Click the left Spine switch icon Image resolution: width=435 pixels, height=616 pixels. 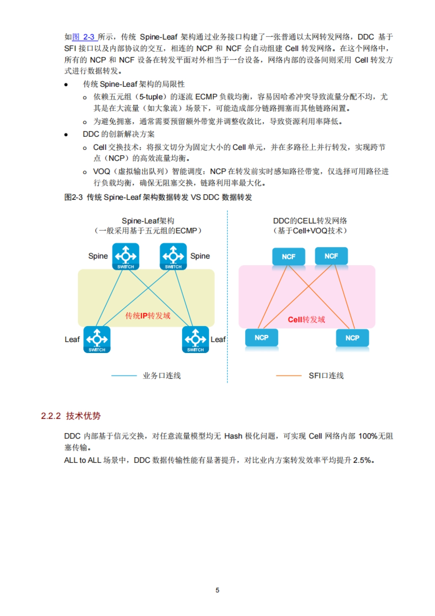click(125, 256)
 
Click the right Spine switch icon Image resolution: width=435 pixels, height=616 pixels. click(173, 256)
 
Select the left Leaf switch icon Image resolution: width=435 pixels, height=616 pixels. click(97, 339)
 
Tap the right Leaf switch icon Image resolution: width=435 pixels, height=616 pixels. click(195, 339)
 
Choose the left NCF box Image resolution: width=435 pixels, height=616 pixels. click(289, 256)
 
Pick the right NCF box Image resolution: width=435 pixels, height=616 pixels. click(331, 256)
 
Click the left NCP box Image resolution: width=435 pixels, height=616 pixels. click(261, 338)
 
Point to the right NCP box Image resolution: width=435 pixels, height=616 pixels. click(352, 338)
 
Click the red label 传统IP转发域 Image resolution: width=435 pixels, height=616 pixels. click(148, 316)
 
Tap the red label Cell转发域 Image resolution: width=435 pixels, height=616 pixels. click(306, 320)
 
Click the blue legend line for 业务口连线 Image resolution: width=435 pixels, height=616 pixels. click(124, 375)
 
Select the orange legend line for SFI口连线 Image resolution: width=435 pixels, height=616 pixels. click(289, 375)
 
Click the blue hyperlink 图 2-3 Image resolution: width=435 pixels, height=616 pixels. click(84, 37)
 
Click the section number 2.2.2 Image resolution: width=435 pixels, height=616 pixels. click(51, 416)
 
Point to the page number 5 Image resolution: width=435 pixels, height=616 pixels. click(217, 590)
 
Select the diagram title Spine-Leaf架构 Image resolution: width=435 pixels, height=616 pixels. click(148, 221)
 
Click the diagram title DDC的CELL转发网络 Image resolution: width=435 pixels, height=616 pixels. click(310, 221)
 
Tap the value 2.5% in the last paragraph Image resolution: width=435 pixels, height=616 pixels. click(362, 460)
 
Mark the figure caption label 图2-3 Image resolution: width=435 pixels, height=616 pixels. click(74, 197)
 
